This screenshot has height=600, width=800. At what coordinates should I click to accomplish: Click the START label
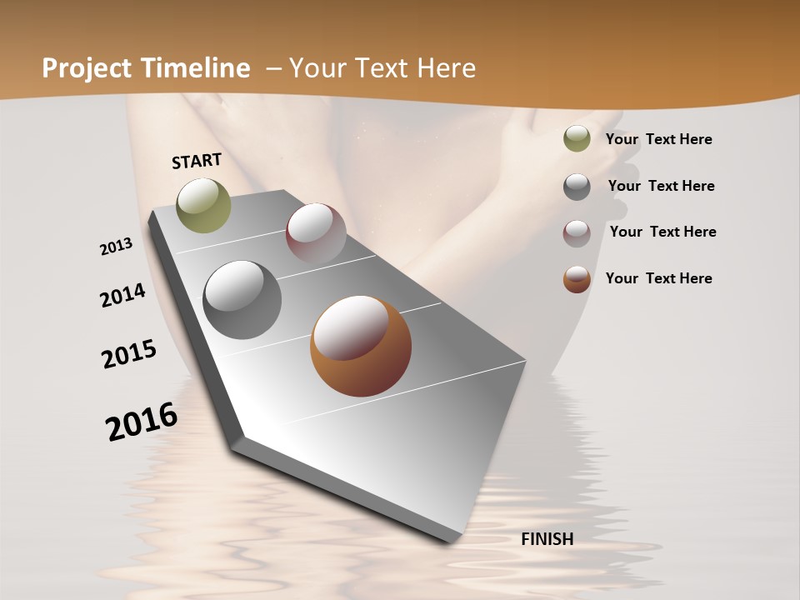coord(197,161)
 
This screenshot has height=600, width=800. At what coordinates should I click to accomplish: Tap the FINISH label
coord(547,539)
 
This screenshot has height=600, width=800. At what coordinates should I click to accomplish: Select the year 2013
coord(117,247)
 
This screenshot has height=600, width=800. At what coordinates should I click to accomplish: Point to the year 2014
coord(123,295)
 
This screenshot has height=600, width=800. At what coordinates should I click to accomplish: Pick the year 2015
coord(129,353)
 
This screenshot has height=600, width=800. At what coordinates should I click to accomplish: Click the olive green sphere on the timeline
coord(203,205)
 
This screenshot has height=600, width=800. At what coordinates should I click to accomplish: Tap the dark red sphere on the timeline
coord(316,233)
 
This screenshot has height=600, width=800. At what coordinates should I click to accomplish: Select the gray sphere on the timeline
coord(242,300)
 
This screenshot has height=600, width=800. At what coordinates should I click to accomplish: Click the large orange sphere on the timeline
coord(361,346)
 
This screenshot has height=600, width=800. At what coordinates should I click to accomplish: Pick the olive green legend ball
coord(577,139)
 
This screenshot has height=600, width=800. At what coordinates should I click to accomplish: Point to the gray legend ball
coord(577,187)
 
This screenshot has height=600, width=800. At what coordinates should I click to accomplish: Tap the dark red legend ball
coord(577,232)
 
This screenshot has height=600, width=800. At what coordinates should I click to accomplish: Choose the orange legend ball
coord(577,279)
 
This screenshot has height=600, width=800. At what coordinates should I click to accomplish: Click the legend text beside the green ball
coord(658,139)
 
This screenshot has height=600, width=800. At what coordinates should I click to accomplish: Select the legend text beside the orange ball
coord(658,278)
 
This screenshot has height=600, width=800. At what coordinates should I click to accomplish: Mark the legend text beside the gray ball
coord(661,186)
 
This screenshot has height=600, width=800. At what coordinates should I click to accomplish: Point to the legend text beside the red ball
coord(662,232)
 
